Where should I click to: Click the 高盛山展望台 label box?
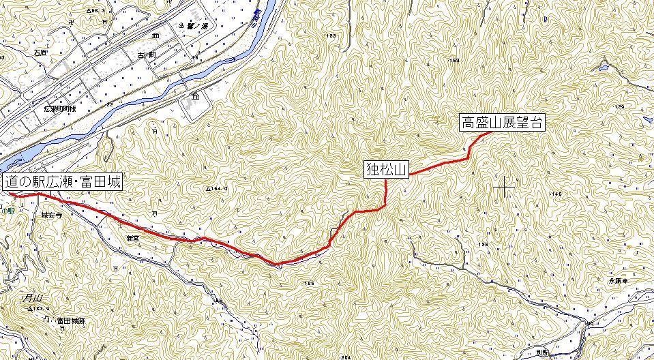coord(503,123)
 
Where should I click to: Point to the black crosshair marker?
coord(504,186)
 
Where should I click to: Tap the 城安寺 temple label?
coord(52,214)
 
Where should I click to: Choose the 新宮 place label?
coord(132,238)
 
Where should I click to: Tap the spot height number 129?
coord(619,107)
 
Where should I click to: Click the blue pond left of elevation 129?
coord(602,67)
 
